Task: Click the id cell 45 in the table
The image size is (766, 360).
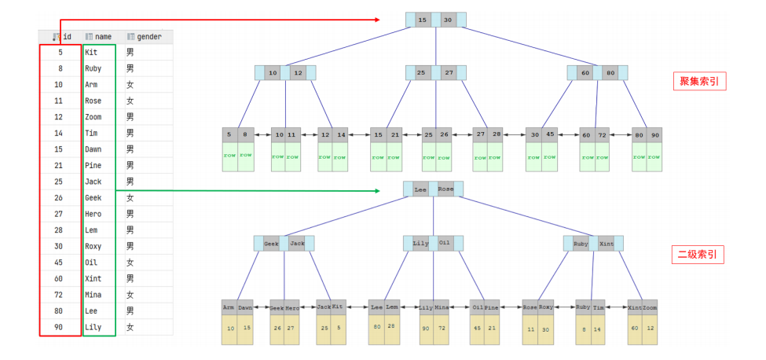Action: [x=60, y=262]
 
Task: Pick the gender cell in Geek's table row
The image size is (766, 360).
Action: [x=130, y=198]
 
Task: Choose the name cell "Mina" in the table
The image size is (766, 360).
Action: [x=93, y=294]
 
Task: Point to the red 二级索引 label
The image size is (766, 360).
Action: [x=700, y=255]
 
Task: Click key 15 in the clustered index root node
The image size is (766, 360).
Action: [x=422, y=19]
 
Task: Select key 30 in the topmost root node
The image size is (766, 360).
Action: [x=448, y=19]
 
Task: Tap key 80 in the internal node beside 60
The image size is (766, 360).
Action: [x=610, y=73]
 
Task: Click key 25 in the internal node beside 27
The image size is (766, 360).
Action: [x=422, y=73]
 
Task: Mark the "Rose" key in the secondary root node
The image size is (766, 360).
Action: [x=445, y=189]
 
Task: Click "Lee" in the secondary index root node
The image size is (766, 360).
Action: [x=420, y=189]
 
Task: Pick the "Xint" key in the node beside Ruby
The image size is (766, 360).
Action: [x=607, y=244]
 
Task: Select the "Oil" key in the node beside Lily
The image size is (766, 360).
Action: [x=445, y=244]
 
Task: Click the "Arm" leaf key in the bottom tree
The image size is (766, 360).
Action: [x=229, y=308]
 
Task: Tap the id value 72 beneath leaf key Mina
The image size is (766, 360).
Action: [x=442, y=329]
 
